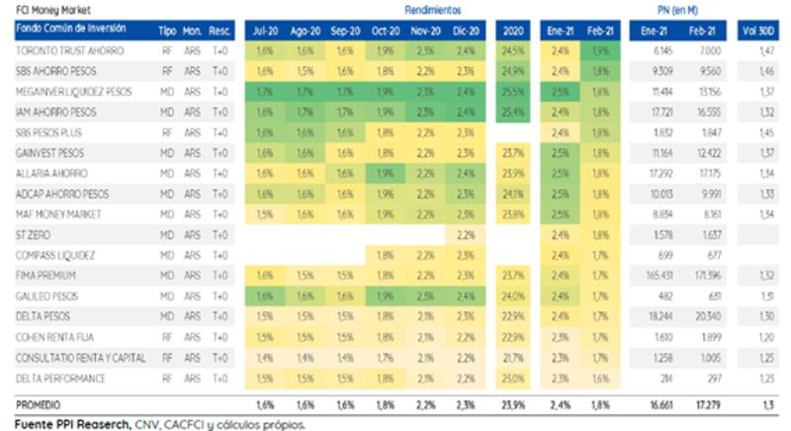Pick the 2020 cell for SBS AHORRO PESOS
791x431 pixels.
512,70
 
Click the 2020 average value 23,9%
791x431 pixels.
512,404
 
